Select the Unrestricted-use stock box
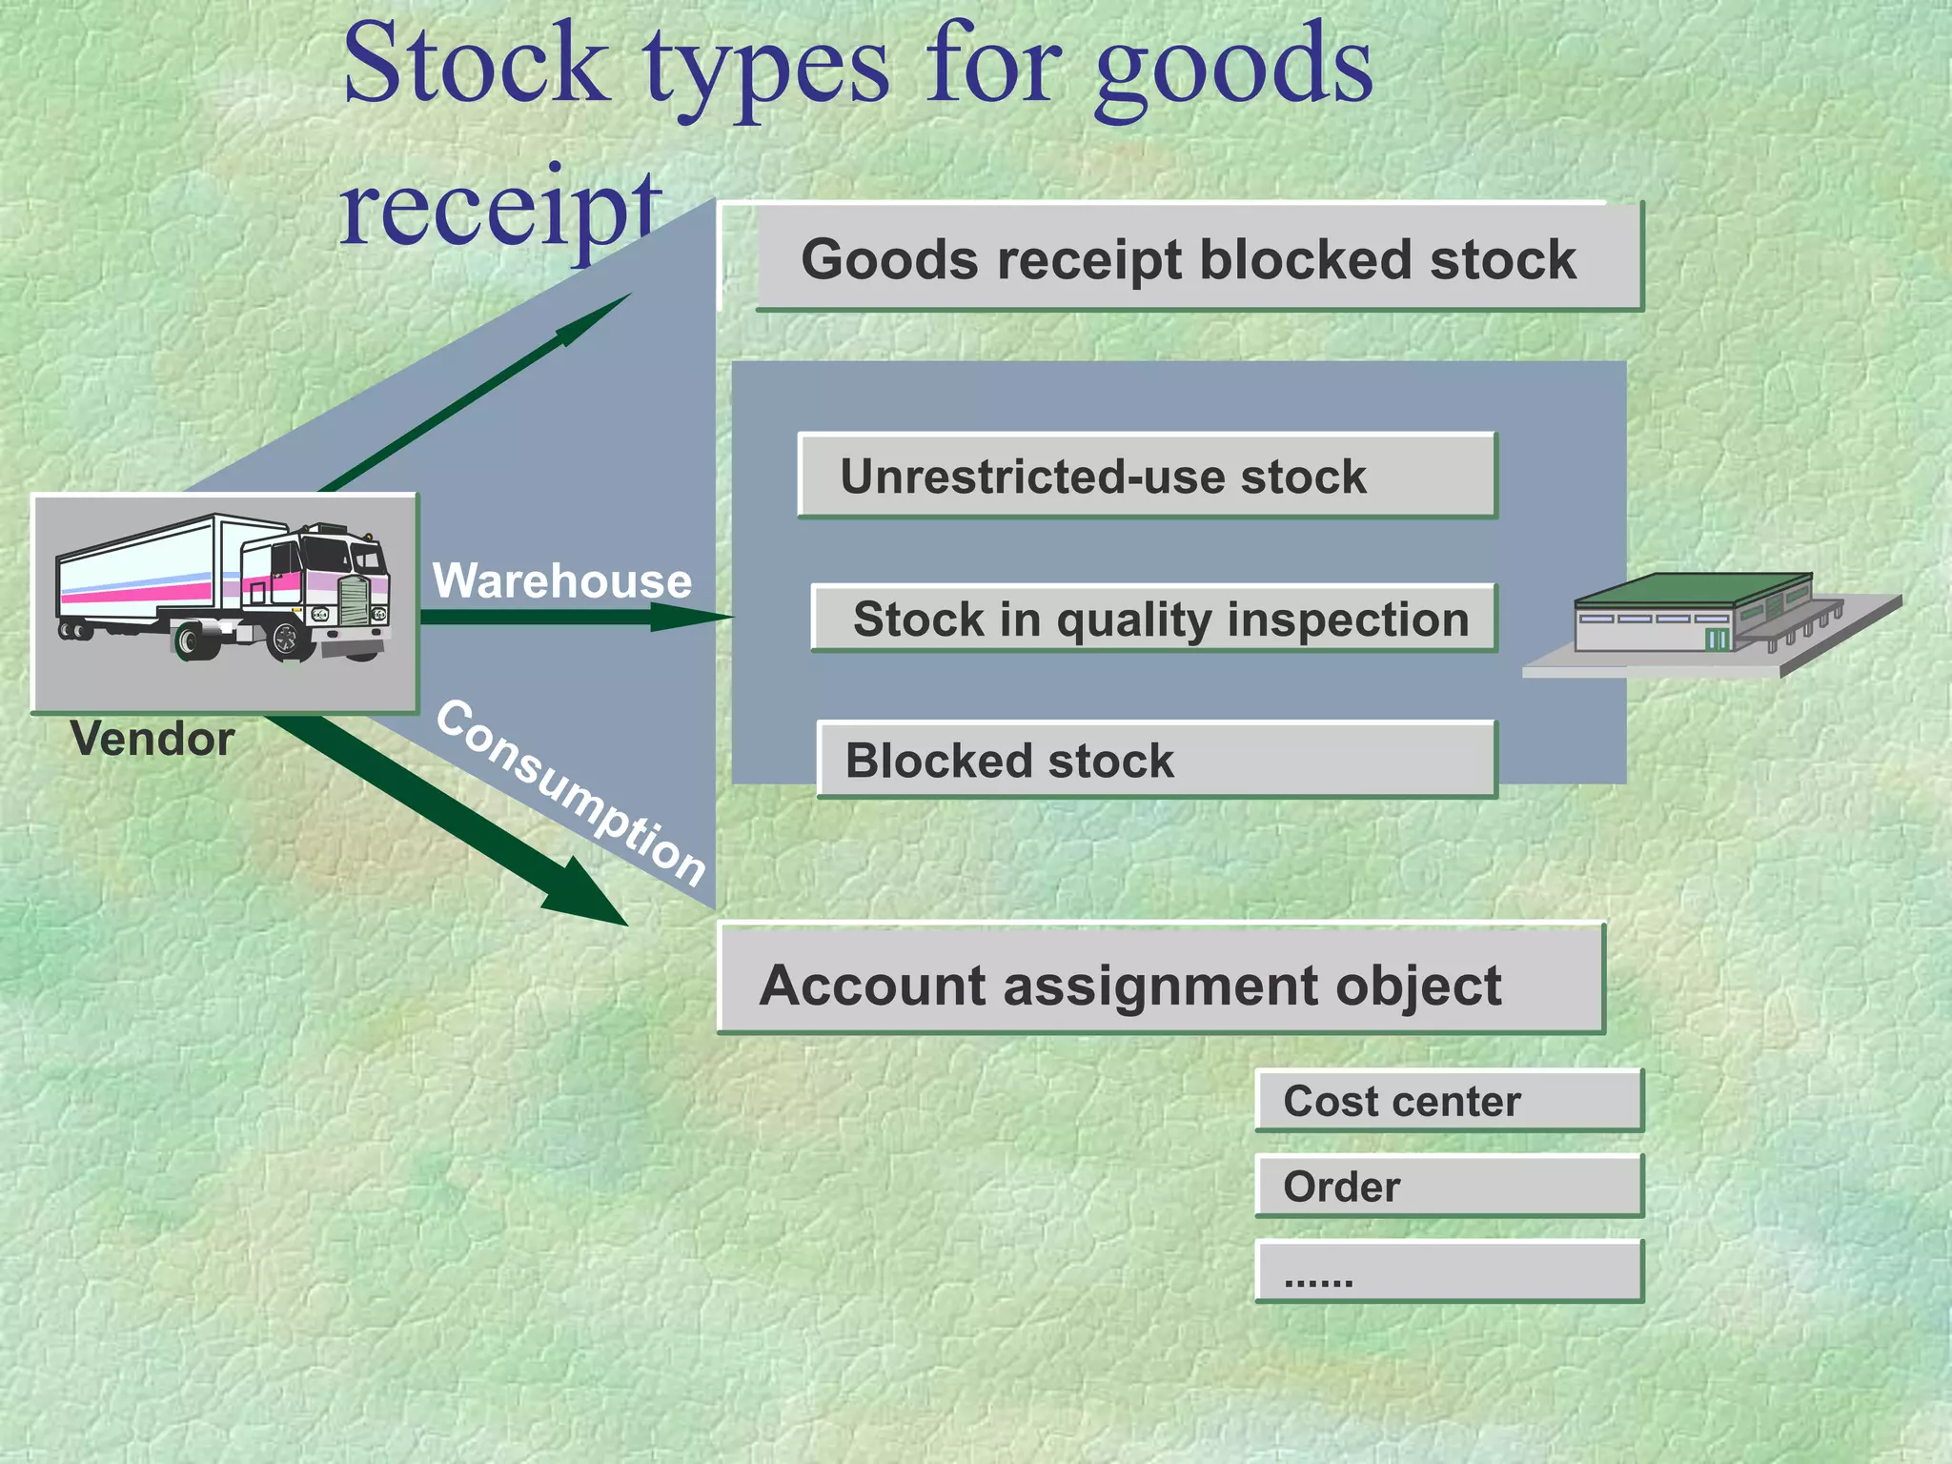pyautogui.click(x=1147, y=476)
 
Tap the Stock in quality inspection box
pyautogui.click(x=1153, y=619)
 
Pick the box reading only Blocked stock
pyautogui.click(x=1156, y=760)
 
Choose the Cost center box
pyautogui.click(x=1448, y=1101)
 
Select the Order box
pyautogui.click(x=1448, y=1186)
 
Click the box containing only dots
pyautogui.click(x=1448, y=1271)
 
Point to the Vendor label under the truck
pyautogui.click(x=152, y=740)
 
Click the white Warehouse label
pyautogui.click(x=561, y=580)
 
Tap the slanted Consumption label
pyautogui.click(x=570, y=793)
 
